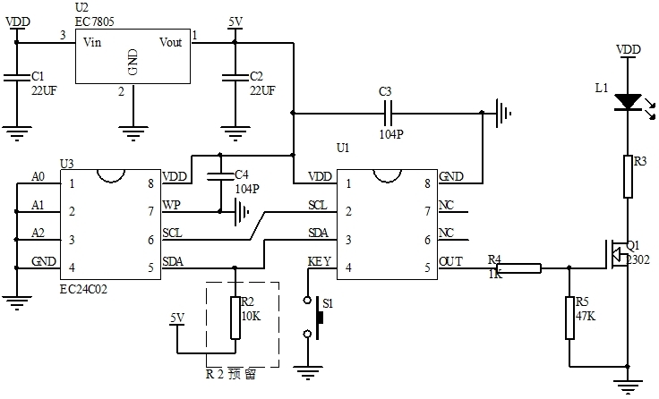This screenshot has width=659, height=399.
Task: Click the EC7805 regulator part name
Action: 95,21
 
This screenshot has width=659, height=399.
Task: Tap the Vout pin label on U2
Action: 172,42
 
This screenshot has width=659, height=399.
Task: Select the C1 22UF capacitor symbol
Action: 15,79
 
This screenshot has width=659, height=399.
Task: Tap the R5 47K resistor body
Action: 570,318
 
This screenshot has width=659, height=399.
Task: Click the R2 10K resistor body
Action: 235,318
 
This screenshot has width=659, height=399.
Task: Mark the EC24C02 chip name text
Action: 86,290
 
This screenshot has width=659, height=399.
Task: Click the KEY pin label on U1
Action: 320,262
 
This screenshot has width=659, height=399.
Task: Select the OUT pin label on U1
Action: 449,262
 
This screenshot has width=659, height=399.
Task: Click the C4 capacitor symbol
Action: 221,175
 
